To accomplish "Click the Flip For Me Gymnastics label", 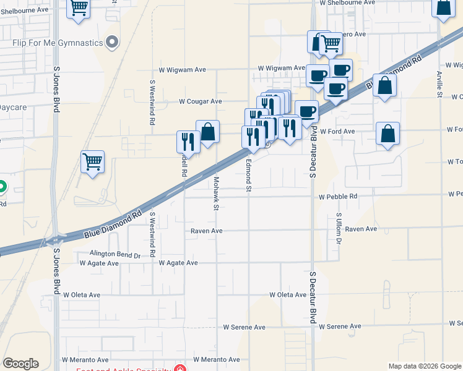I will pos(58,43).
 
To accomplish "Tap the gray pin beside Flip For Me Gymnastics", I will pos(112,43).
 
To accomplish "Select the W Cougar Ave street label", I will pos(200,101).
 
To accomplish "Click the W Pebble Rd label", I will pos(338,197).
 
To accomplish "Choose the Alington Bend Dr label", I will pos(115,254).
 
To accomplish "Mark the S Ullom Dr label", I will pos(339,228).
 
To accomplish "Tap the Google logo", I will pos(20,364).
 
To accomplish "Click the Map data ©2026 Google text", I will pos(424,366).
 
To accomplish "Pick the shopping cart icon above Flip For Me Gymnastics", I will pos(79,8).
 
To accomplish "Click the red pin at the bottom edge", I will pos(180,369).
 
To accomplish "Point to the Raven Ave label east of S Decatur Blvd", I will pos(361,229).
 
